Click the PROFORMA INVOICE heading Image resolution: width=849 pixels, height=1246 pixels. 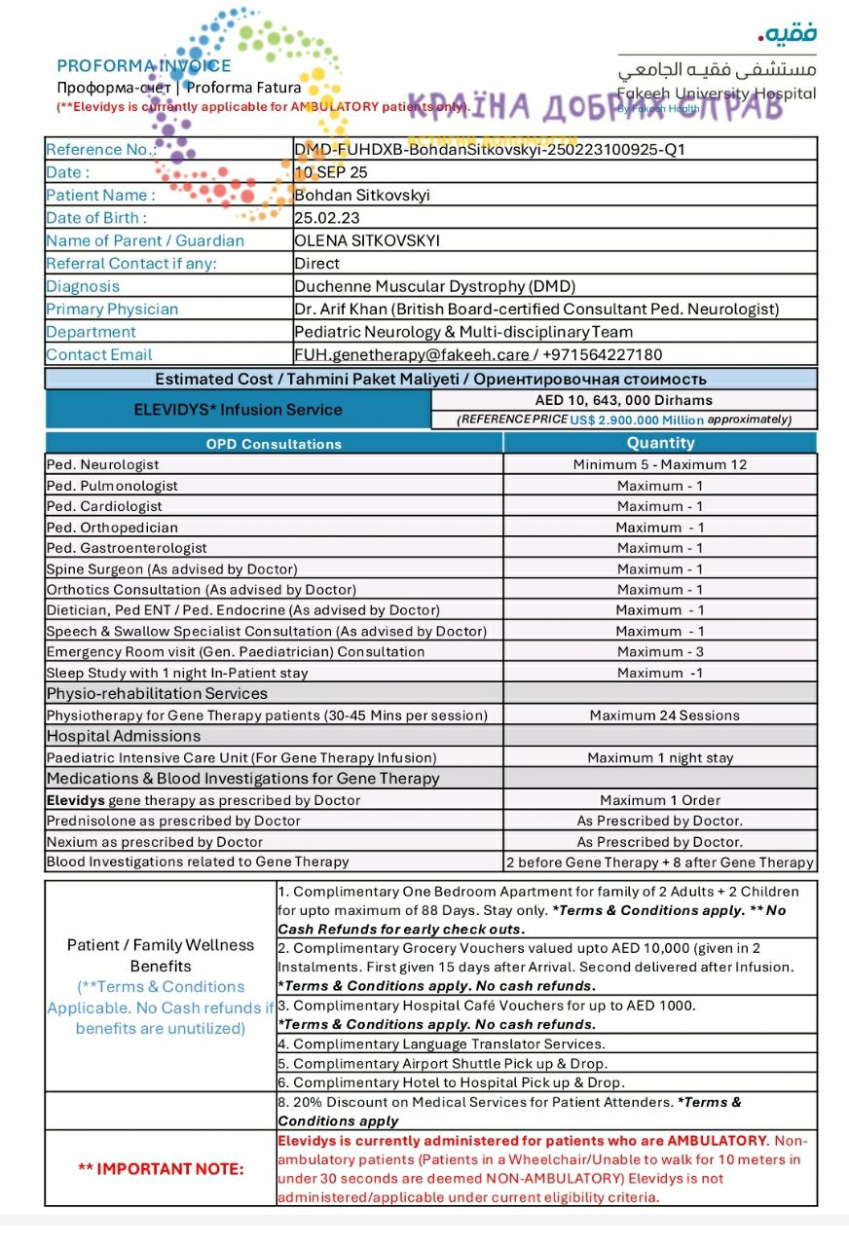pos(144,66)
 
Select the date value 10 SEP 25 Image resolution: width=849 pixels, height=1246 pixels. pos(331,172)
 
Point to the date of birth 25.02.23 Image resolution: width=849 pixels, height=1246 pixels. pos(327,218)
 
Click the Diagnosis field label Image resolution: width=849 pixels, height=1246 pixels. pos(83,286)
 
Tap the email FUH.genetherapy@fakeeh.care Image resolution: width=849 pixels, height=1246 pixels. pos(412,355)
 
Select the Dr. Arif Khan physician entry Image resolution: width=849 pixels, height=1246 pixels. pos(536,310)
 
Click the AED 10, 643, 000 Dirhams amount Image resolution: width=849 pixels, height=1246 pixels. pos(623,400)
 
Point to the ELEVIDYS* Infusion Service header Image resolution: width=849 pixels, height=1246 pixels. pos(238,410)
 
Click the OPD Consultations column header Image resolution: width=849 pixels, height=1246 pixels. pos(274,444)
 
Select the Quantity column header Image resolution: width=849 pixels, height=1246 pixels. pos(660,443)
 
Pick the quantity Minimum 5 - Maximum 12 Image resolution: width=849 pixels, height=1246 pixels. pos(660,465)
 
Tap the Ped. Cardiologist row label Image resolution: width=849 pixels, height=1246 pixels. pos(104,506)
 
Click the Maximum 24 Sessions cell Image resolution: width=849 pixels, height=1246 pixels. pos(664,715)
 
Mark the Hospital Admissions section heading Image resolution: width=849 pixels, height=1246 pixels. pos(124,736)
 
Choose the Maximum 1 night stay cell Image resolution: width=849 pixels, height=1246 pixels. pos(660,757)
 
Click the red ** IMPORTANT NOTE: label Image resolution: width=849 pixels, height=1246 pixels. pos(161,1168)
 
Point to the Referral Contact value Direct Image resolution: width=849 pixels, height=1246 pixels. pos(317,264)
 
